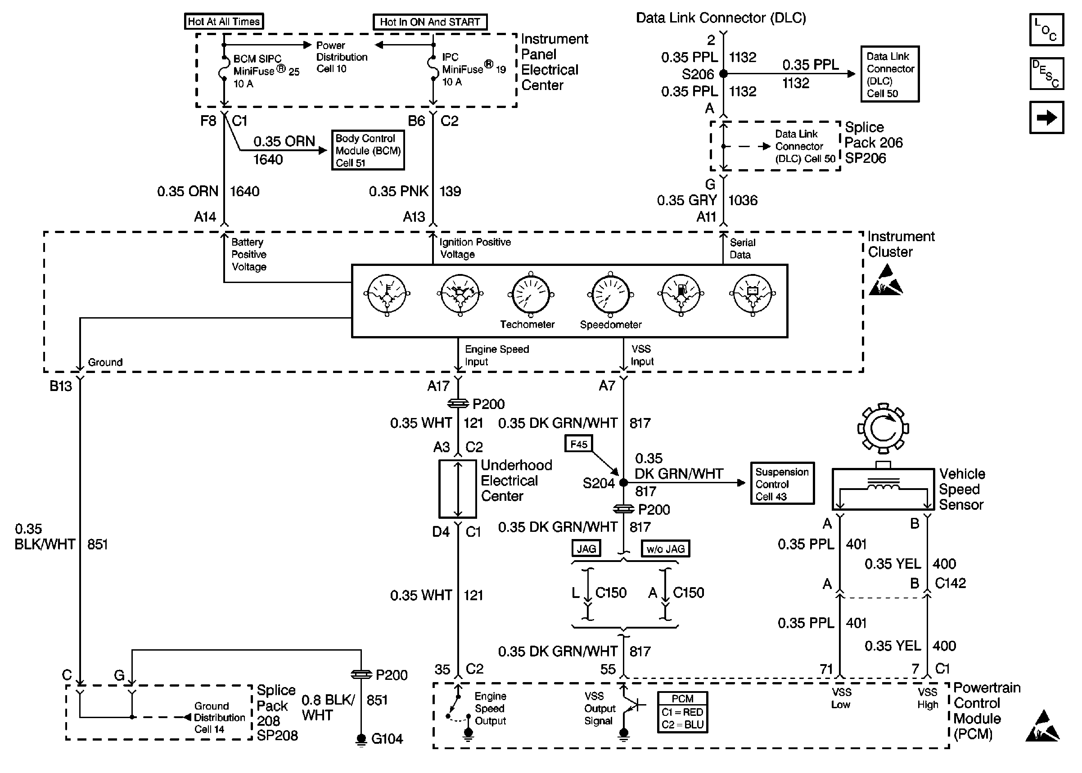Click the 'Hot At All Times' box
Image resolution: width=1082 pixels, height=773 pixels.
224,22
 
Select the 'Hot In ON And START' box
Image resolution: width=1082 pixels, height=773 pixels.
430,22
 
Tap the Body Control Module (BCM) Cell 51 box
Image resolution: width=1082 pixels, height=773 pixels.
368,150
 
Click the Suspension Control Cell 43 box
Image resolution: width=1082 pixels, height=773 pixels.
782,484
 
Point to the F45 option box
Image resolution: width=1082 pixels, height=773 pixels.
579,444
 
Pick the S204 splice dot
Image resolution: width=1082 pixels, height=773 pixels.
623,483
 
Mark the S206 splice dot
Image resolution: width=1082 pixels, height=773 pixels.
724,74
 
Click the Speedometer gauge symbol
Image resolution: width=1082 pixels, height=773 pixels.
611,295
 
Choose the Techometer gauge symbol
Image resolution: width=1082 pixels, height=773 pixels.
530,295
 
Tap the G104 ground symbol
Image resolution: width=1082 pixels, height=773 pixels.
361,739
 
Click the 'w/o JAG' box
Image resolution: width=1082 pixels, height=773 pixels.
666,549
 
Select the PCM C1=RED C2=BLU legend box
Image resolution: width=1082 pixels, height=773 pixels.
682,712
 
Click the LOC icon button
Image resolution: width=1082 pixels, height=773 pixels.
1046,30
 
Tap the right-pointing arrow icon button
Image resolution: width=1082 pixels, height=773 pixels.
1046,117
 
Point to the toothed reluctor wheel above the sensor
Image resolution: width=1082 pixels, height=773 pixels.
883,428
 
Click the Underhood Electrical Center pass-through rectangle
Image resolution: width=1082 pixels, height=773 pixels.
457,489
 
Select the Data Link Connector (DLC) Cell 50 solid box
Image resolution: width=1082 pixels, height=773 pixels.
890,74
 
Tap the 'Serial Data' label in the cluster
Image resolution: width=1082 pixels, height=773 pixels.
742,248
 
